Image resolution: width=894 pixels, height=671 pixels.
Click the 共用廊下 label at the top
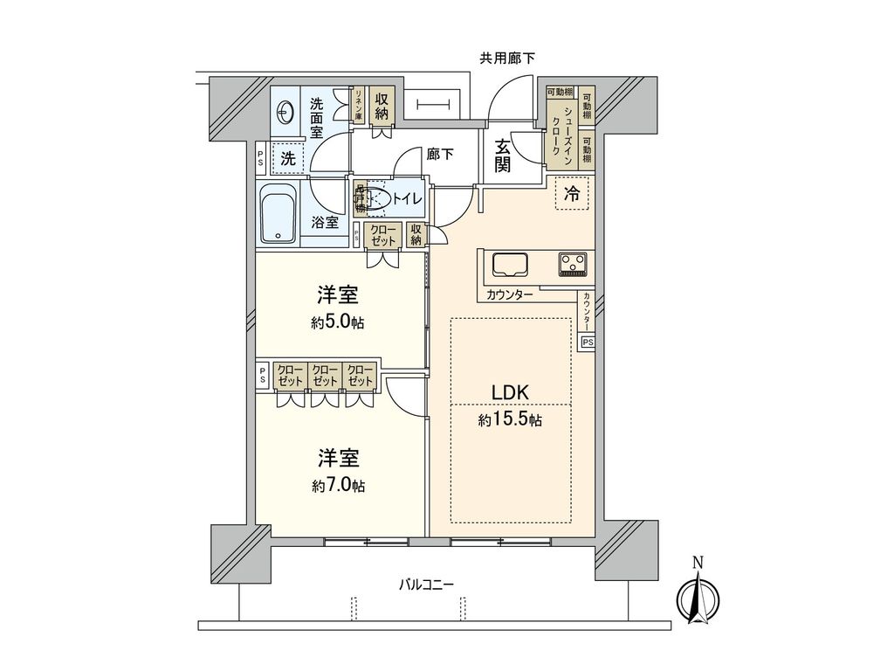[x=507, y=59]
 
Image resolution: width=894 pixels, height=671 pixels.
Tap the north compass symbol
[x=698, y=599]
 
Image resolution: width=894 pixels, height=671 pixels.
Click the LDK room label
[x=511, y=392]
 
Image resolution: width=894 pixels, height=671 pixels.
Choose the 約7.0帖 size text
[x=339, y=485]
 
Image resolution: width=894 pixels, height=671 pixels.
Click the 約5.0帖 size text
[x=338, y=322]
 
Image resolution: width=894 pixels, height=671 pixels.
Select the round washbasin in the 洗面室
[x=285, y=112]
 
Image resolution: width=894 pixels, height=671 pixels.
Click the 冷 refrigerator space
[x=572, y=196]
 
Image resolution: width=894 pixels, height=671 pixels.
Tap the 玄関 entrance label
[x=503, y=156]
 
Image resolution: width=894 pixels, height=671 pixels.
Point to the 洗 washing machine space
[x=286, y=160]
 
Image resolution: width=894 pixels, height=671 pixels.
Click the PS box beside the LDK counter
[x=587, y=342]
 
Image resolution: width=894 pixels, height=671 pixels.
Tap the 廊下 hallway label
[x=439, y=153]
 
